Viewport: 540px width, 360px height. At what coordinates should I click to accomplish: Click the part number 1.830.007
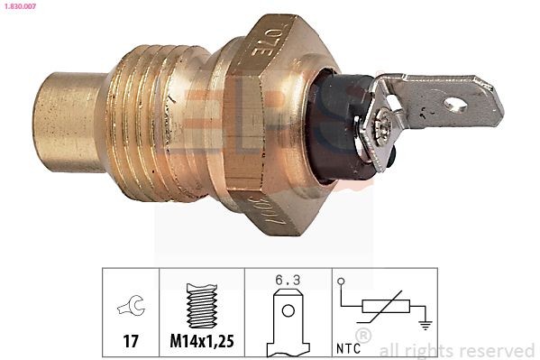[20, 7]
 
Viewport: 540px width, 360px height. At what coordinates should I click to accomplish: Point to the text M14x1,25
[205, 342]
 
